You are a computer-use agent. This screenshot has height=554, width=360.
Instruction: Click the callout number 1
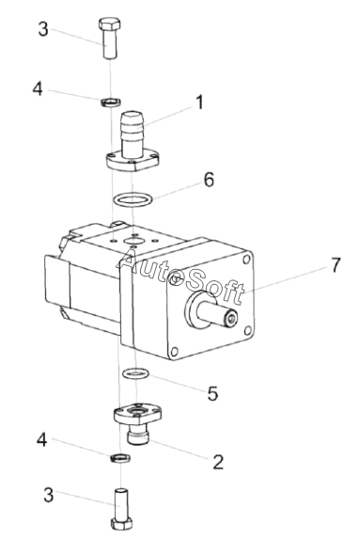click(x=200, y=103)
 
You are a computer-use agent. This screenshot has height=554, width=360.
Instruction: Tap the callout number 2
click(x=218, y=462)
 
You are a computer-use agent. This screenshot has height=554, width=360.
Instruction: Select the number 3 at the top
click(x=43, y=29)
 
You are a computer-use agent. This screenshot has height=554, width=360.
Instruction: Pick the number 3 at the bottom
click(x=48, y=495)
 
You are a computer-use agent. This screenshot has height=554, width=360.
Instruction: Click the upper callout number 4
click(x=38, y=88)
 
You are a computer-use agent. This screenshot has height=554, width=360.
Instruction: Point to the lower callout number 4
click(x=41, y=440)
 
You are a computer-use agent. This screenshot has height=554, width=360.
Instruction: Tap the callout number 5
click(x=212, y=393)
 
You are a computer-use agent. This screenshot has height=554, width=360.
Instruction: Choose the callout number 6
click(x=209, y=180)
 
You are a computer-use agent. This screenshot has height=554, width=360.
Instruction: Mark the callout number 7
click(x=336, y=264)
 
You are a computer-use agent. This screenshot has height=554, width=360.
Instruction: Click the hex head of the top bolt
click(x=109, y=24)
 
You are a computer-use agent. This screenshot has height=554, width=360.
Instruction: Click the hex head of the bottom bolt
click(x=122, y=523)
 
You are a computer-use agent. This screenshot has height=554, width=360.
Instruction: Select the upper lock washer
click(x=112, y=102)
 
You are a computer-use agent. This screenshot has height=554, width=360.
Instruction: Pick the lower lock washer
click(x=120, y=457)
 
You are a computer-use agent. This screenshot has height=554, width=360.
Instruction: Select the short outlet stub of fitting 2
click(x=138, y=434)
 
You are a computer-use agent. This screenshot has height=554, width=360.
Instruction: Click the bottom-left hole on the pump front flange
click(x=174, y=352)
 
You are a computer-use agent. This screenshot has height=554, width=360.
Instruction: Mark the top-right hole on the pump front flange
click(x=245, y=260)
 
